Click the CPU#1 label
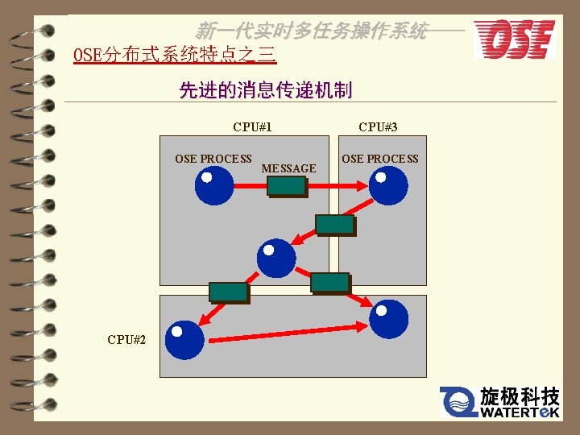[x=252, y=127]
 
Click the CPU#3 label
[x=378, y=127]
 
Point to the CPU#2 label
[x=126, y=339]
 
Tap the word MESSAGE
[x=288, y=168]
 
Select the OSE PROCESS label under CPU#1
[x=213, y=159]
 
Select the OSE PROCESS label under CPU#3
[x=380, y=159]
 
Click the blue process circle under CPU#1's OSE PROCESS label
[x=213, y=185]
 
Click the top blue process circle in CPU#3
[x=388, y=185]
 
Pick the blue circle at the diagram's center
[x=276, y=258]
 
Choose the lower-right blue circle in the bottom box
[x=388, y=318]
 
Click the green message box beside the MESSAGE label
[x=287, y=187]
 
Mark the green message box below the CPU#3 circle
[x=334, y=225]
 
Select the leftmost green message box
[x=228, y=292]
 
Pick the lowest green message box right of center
[x=330, y=283]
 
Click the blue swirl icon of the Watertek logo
[x=458, y=401]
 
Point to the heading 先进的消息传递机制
[x=265, y=90]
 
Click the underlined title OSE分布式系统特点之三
[x=174, y=55]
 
